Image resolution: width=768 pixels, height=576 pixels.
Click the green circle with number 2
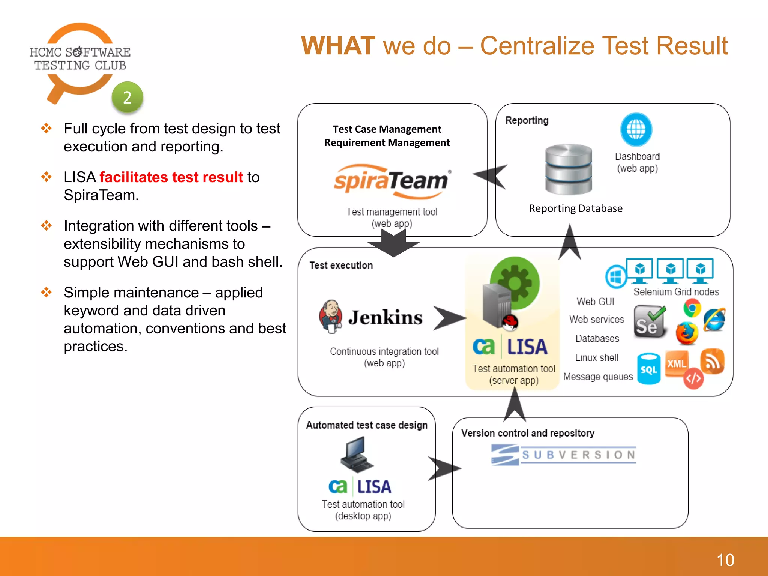[127, 97]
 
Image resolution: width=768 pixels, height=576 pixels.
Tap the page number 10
[725, 560]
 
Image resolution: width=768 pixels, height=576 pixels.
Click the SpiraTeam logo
[392, 181]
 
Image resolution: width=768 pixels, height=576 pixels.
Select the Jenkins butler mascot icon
[330, 316]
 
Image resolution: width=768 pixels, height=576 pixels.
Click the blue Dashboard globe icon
[636, 130]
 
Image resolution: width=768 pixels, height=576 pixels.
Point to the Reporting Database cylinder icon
[568, 169]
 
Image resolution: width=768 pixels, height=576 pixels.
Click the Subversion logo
[564, 455]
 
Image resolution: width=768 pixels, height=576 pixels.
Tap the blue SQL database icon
[648, 369]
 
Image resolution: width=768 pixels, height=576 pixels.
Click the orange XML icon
[676, 363]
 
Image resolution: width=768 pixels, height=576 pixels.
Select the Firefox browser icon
[687, 333]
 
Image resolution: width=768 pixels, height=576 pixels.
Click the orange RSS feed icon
[712, 361]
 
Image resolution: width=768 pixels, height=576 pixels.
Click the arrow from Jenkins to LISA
[448, 318]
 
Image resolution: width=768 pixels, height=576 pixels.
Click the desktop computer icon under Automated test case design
[357, 454]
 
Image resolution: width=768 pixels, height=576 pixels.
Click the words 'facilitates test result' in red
[171, 177]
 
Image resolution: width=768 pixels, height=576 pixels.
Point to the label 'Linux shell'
[597, 357]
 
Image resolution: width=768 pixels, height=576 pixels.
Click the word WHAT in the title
[338, 46]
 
